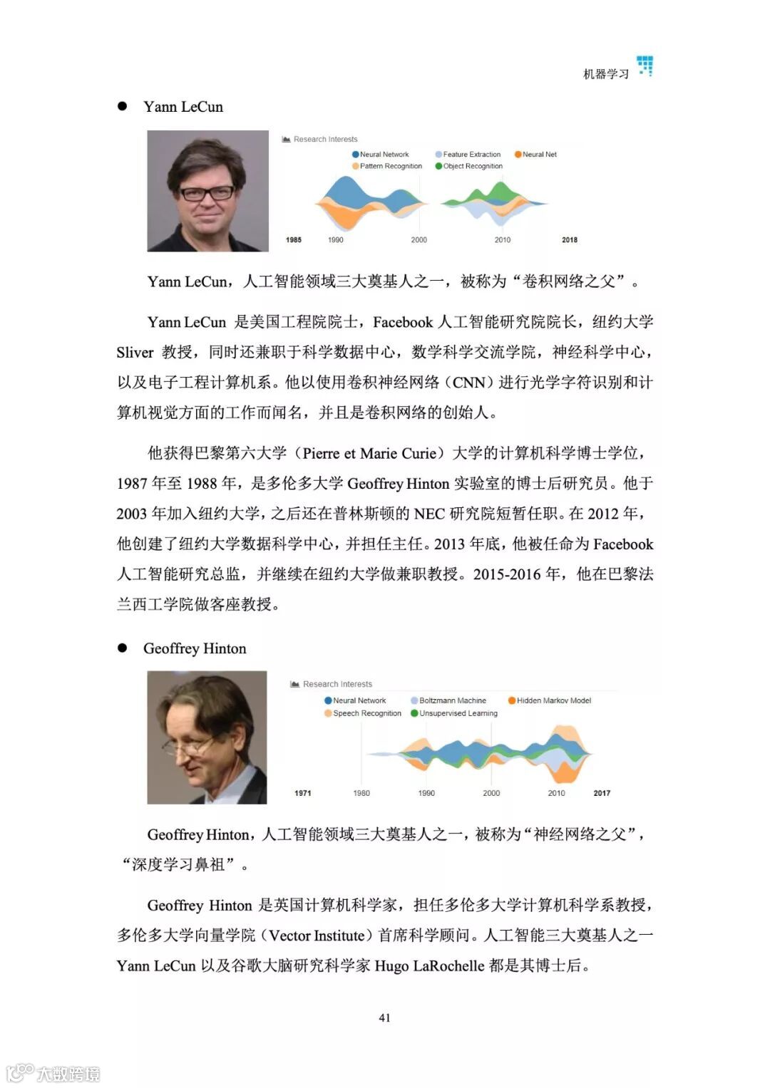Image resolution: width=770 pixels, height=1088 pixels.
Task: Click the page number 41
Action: tap(384, 1017)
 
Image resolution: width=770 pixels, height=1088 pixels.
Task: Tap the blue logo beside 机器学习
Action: tap(645, 66)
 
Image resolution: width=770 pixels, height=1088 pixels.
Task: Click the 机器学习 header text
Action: tap(605, 74)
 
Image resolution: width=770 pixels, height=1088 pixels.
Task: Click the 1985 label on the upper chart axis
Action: tap(294, 240)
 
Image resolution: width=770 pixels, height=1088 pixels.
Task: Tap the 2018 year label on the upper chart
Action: tap(570, 240)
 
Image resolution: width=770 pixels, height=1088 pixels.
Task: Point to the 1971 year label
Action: tap(303, 793)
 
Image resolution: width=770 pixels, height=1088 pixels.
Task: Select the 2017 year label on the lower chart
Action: tap(602, 793)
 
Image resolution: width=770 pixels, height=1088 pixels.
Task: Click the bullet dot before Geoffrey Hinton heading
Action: tap(123, 648)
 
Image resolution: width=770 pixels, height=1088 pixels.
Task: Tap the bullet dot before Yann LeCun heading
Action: tap(123, 106)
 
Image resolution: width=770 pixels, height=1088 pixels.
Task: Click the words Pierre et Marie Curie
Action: tap(369, 453)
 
